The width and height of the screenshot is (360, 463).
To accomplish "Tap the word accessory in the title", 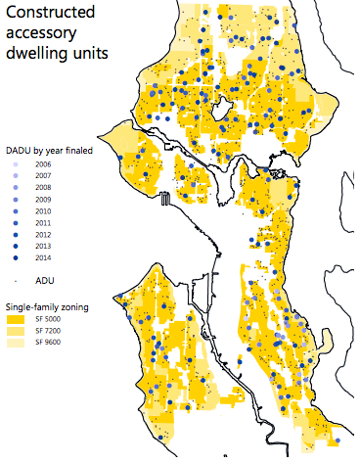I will click(x=40, y=34).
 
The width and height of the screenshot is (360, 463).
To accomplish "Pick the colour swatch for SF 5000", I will click(x=17, y=319).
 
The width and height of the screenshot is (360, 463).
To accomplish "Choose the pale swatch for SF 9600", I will click(x=17, y=343).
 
